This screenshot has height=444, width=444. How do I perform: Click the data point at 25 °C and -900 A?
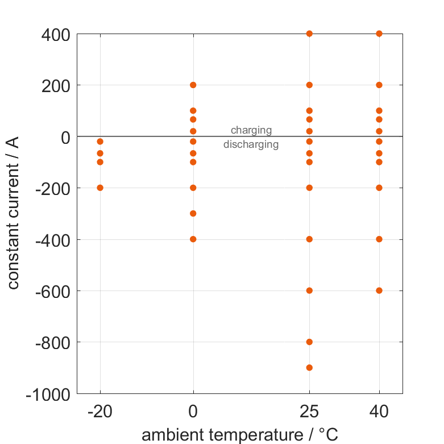tap(309, 367)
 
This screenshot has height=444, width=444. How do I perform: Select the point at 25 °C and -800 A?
tap(309, 342)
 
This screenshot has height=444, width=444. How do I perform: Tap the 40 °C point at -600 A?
tap(379, 291)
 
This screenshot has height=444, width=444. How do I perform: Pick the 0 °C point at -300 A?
tap(193, 213)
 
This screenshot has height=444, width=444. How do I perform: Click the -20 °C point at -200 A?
tap(100, 188)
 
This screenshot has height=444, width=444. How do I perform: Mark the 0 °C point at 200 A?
tap(193, 85)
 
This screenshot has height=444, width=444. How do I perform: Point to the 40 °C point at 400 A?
tap(379, 34)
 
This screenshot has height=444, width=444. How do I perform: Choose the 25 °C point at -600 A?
tap(309, 291)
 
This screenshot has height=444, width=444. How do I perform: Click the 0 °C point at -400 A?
tap(193, 239)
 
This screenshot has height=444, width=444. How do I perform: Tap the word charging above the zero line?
tap(251, 130)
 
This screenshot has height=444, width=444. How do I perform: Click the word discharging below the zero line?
tap(251, 144)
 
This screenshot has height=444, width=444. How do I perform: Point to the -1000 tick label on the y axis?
tap(48, 394)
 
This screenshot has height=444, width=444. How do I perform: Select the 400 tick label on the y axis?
tap(56, 34)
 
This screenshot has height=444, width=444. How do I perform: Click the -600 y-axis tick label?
tap(52, 291)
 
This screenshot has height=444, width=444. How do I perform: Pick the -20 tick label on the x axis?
tap(100, 412)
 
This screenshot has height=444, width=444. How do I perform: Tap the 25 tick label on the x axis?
tap(309, 412)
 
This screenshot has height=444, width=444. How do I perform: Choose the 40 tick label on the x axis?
tap(379, 412)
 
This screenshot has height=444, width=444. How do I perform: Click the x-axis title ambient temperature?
tap(239, 435)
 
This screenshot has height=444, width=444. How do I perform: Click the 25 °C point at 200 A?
tap(309, 85)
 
